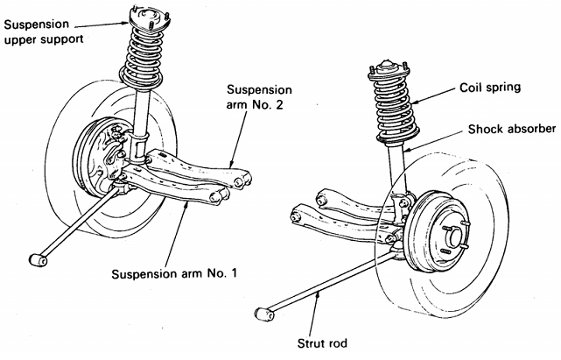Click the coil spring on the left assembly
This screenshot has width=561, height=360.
(x=141, y=61)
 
